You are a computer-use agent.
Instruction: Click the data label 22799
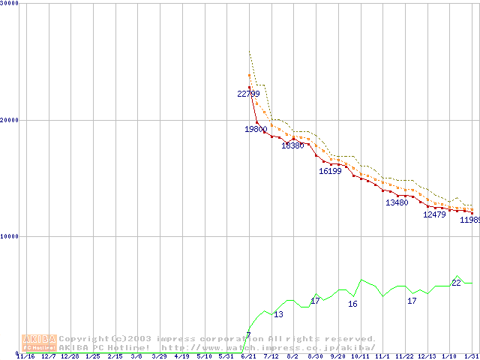click(x=248, y=94)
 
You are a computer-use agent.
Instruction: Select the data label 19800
click(x=256, y=129)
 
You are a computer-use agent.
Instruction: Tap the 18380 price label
click(x=292, y=145)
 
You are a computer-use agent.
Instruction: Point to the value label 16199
click(x=330, y=171)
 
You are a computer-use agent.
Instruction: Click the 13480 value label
click(x=397, y=202)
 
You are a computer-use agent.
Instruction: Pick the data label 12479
click(x=434, y=214)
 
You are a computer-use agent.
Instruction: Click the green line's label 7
click(x=248, y=335)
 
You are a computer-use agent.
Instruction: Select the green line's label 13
click(x=278, y=314)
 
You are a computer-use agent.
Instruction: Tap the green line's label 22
click(x=456, y=283)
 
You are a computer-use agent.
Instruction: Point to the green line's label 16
click(x=352, y=304)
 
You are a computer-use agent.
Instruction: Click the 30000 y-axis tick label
click(x=10, y=4)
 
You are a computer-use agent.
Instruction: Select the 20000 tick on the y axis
click(x=10, y=120)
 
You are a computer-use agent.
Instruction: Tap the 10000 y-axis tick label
click(x=10, y=236)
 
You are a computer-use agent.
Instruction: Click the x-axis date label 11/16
click(x=25, y=356)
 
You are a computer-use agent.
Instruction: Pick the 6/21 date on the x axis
click(x=248, y=356)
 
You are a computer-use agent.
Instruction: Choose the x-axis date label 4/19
click(x=181, y=356)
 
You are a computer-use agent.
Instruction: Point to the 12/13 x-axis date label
click(x=427, y=356)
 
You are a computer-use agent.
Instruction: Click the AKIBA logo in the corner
click(x=39, y=343)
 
